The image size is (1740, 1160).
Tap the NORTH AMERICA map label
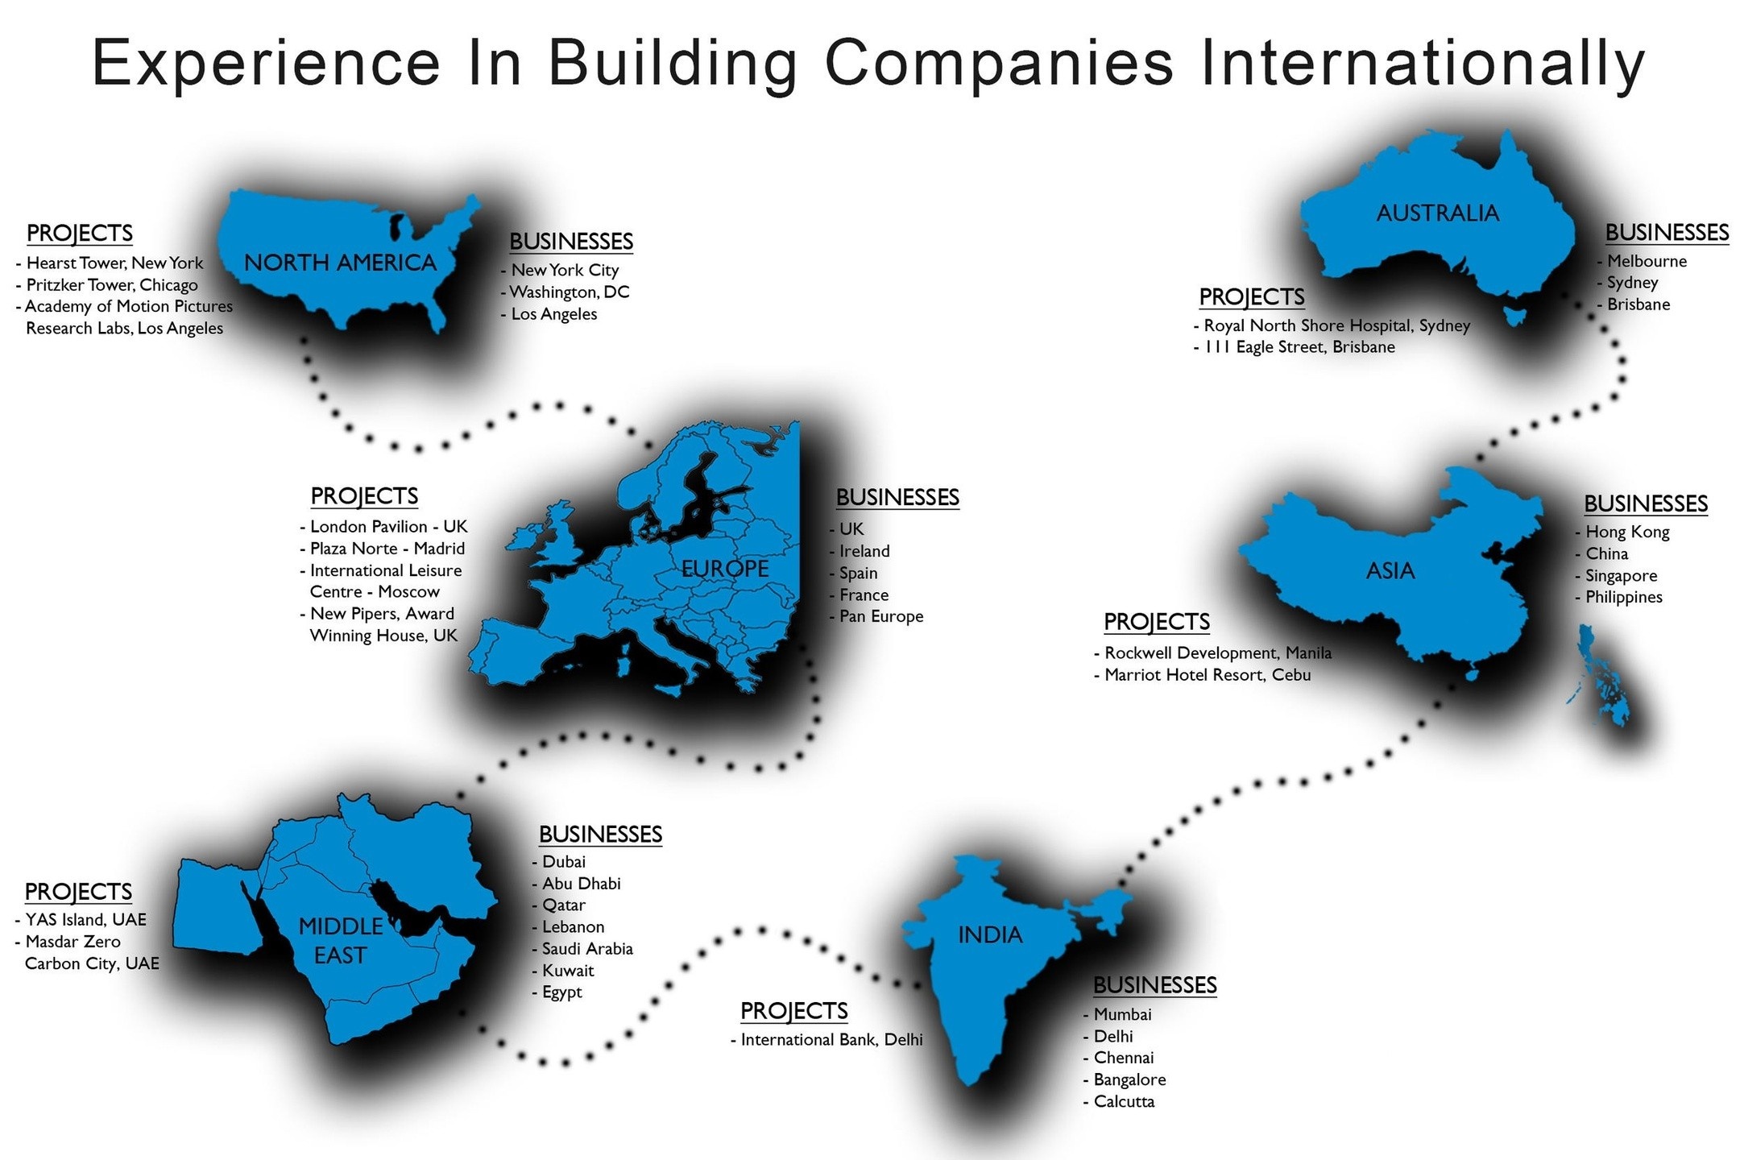pyautogui.click(x=340, y=263)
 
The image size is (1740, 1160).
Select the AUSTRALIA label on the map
pyautogui.click(x=1438, y=213)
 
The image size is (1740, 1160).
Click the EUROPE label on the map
pyautogui.click(x=725, y=569)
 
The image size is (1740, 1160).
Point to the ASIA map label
pyautogui.click(x=1390, y=571)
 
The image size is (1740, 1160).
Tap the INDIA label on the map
pyautogui.click(x=990, y=934)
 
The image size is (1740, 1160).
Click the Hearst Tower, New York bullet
pyautogui.click(x=114, y=263)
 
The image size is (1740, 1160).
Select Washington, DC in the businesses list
pyautogui.click(x=569, y=292)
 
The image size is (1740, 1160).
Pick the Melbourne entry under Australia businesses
pyautogui.click(x=1647, y=261)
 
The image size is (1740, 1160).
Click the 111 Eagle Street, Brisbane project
pyautogui.click(x=1299, y=347)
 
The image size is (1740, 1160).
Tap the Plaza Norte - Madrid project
pyautogui.click(x=387, y=549)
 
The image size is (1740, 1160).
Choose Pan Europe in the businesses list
pyautogui.click(x=881, y=616)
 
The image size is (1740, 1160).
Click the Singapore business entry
pyautogui.click(x=1621, y=575)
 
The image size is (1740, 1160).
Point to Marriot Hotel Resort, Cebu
pyautogui.click(x=1207, y=675)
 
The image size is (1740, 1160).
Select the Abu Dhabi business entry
pyautogui.click(x=581, y=884)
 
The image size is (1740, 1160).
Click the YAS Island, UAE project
pyautogui.click(x=85, y=920)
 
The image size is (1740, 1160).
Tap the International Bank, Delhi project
pyautogui.click(x=831, y=1040)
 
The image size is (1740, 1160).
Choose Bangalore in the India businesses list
pyautogui.click(x=1129, y=1079)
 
